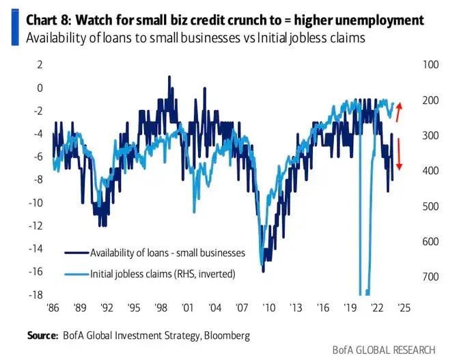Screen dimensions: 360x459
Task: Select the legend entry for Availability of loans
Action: [x=167, y=253]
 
